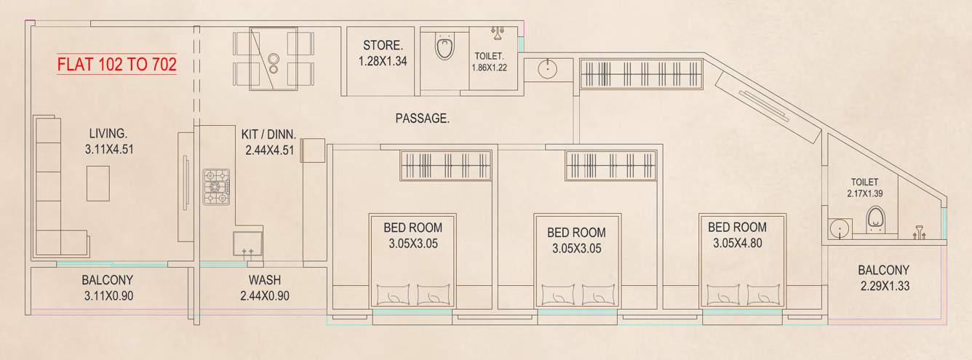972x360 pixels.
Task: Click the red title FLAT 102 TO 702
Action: (117, 64)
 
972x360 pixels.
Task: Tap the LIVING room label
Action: (108, 134)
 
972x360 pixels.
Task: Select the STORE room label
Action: (382, 45)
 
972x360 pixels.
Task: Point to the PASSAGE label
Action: (422, 118)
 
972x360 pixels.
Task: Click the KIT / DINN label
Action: (268, 134)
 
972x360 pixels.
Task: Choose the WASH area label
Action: (265, 280)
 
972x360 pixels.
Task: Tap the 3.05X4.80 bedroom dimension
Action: (735, 244)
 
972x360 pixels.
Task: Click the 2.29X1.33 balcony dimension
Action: (884, 286)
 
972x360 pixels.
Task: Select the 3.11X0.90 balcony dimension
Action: (108, 295)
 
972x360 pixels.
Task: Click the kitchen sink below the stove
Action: (245, 244)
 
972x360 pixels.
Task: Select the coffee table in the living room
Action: (98, 183)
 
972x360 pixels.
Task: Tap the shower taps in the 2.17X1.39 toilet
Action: (919, 231)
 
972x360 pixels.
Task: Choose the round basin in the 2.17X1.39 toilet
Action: (840, 228)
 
